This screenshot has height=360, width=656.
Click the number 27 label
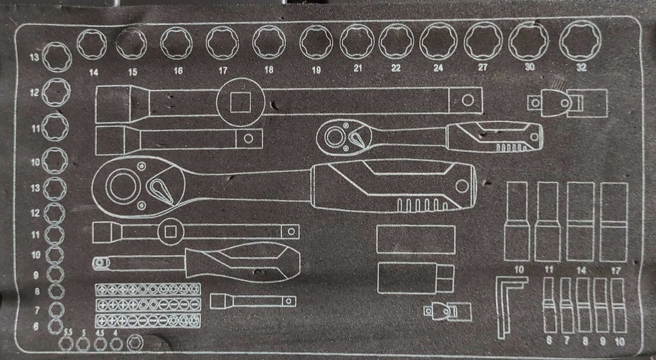point(483,67)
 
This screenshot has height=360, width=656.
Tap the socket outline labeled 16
point(176,43)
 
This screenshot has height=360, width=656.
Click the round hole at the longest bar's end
point(467,100)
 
